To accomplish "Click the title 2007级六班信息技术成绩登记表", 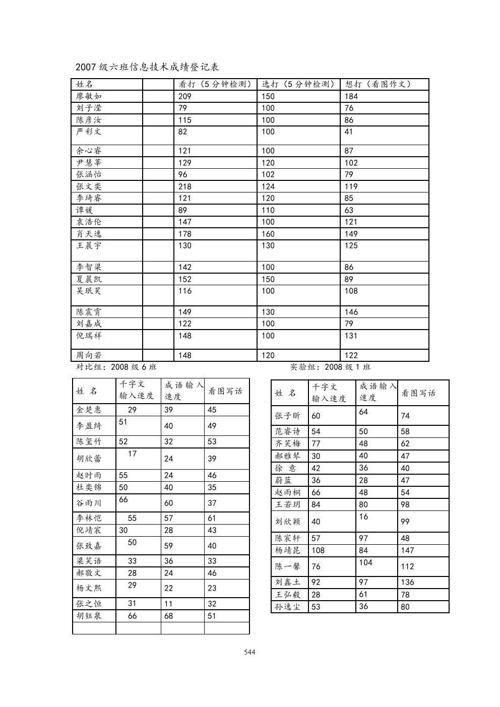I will pos(147,67).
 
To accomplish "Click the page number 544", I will pos(249,652).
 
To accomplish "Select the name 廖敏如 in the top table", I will pos(89,96).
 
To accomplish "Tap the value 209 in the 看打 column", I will pos(185,96).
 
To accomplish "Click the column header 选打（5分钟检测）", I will pos(298,84).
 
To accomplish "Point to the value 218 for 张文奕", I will pos(185,186).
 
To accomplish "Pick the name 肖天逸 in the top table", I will pos(89,234).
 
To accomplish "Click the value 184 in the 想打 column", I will pos(351,96).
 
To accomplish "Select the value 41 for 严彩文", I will pos(349,132).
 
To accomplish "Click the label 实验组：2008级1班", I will pos(330,367).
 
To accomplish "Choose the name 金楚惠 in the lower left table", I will pos(89,410).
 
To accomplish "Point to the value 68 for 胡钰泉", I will pos(168,616).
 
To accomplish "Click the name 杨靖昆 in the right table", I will pos(288,550).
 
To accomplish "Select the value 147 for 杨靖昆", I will pos(407,550).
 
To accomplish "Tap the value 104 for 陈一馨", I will pos(366,562).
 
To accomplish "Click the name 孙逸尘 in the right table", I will pos(288,607).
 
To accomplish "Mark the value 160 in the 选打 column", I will pos(268,234).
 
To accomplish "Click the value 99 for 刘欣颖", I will pos(405,522).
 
